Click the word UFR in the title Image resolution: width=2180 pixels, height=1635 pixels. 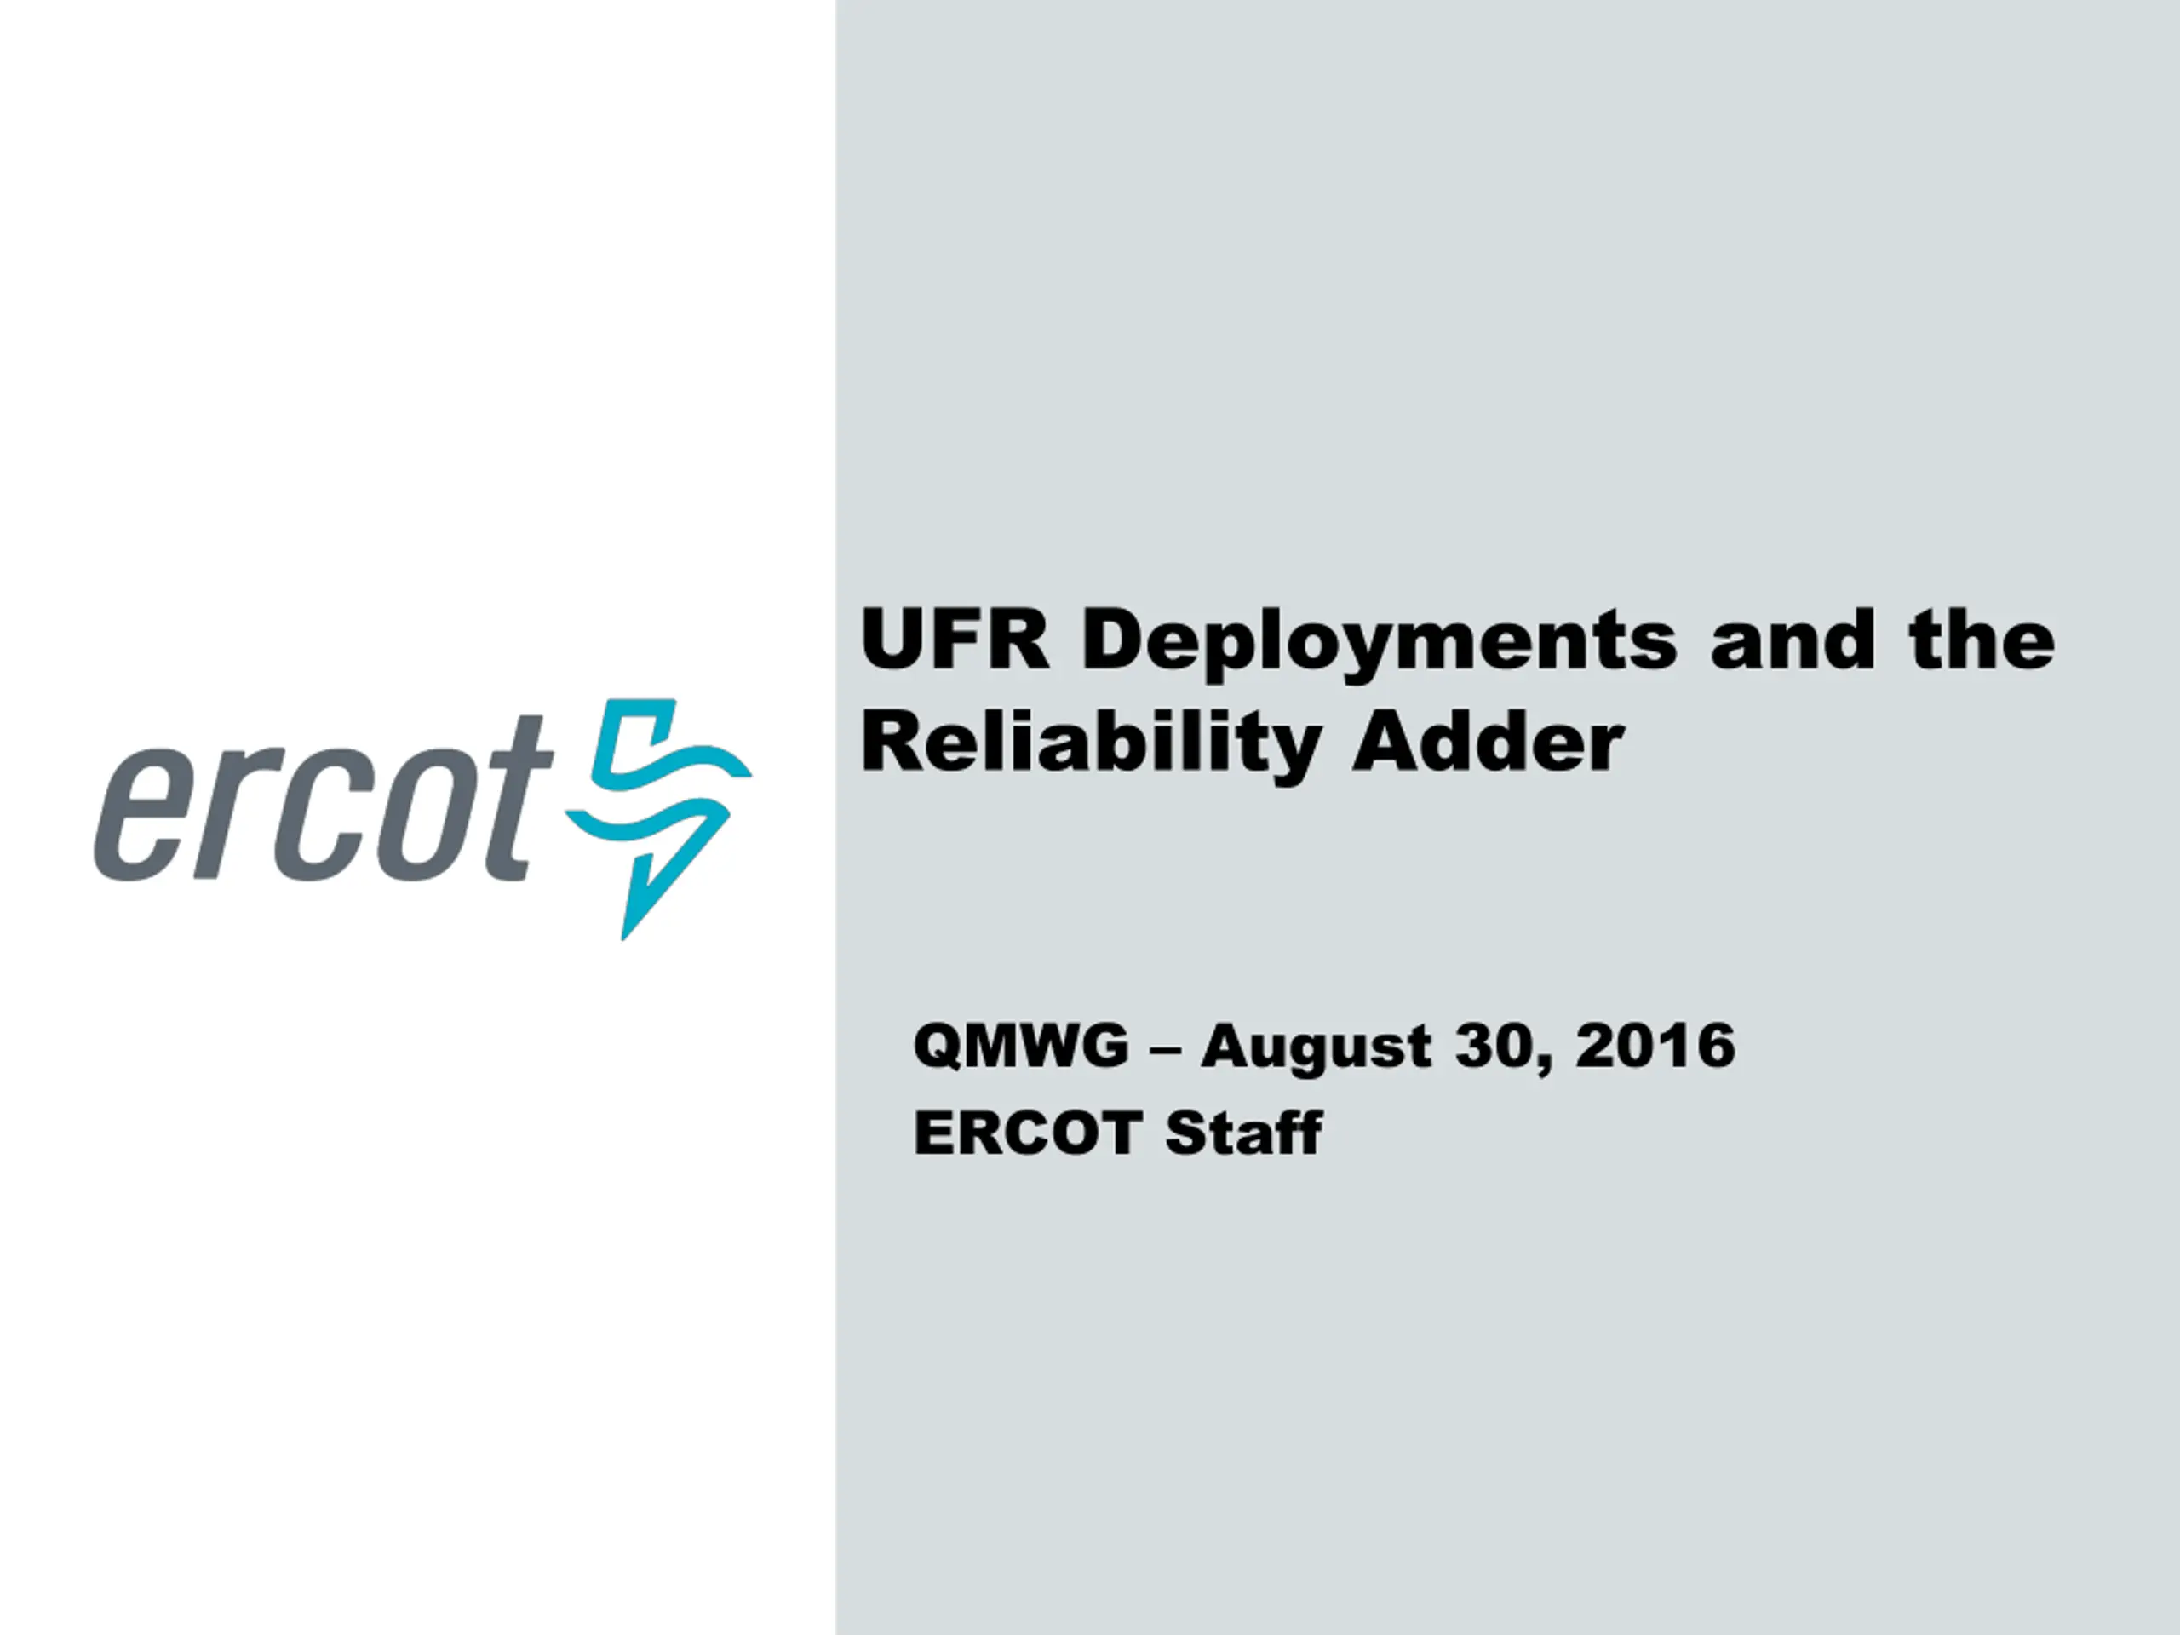955,640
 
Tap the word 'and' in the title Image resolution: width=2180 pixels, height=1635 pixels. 1793,640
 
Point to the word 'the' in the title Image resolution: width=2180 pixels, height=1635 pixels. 1982,640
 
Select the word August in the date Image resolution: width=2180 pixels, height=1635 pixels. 1316,1048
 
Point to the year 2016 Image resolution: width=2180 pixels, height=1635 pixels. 1655,1046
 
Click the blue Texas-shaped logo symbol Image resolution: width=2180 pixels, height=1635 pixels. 658,818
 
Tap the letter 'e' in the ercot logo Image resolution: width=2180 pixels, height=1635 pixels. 146,816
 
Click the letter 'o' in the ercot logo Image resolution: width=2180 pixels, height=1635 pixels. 413,816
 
